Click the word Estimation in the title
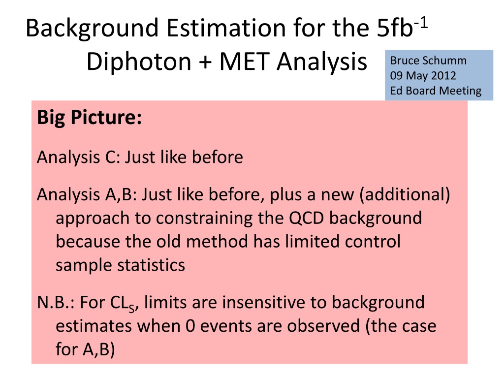pos(226,28)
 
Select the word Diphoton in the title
pos(139,62)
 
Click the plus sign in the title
pos(205,62)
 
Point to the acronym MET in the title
pos(244,61)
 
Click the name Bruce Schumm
pos(428,61)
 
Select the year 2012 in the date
pos(443,75)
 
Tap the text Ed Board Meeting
pos(436,91)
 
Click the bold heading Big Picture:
pos(90,118)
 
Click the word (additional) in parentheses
pos(405,195)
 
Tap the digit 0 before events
pos(190,326)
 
